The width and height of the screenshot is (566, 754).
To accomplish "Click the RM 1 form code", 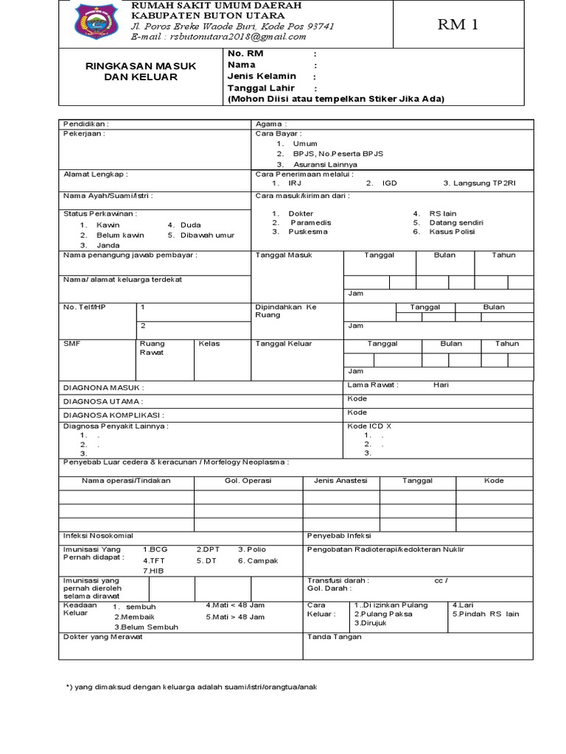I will [458, 25].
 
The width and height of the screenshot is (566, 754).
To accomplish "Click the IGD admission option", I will [389, 183].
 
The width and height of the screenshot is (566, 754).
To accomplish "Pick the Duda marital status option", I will [189, 225].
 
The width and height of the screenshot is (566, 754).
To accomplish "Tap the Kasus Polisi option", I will [453, 231].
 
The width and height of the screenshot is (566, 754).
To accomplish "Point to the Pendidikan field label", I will [85, 124].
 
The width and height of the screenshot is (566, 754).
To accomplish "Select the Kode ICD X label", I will [369, 426].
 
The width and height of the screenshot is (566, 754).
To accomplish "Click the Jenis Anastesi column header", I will [340, 481].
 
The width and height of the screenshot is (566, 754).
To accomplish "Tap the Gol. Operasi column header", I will [248, 481].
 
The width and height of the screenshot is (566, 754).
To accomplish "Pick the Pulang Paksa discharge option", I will [383, 613].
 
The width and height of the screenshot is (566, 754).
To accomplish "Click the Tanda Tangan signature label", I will [334, 637].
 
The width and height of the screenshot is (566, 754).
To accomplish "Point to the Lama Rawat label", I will [372, 385].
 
